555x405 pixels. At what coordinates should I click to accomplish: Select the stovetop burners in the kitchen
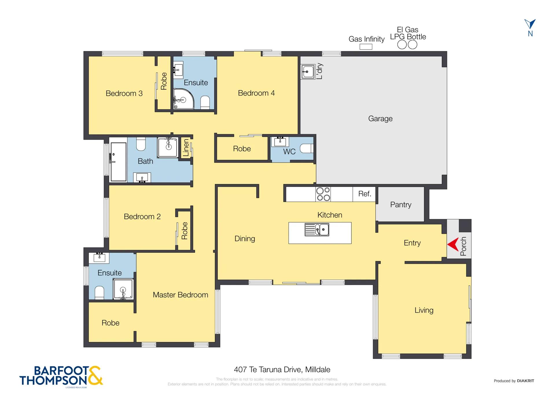(323, 194)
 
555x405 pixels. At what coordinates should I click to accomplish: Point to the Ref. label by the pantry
(364, 194)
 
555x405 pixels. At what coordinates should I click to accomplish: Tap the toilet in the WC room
(307, 148)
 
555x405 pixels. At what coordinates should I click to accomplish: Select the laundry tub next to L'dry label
(308, 71)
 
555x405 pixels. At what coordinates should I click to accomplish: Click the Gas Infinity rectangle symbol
(366, 47)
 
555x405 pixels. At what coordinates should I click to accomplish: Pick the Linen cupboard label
(186, 148)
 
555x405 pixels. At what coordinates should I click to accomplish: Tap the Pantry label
(401, 205)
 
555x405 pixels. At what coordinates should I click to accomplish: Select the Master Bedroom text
(180, 295)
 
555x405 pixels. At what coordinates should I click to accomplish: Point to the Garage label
(380, 119)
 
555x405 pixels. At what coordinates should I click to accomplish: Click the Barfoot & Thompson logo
(61, 376)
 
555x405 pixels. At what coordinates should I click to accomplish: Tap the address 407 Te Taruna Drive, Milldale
(282, 369)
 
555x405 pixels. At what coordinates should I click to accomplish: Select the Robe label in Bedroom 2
(185, 231)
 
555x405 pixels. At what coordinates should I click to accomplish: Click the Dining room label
(245, 239)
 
